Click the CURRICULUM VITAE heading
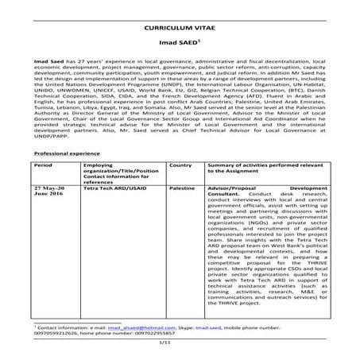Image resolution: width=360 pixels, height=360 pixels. (179, 25)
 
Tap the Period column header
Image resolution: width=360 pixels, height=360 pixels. (43, 165)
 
